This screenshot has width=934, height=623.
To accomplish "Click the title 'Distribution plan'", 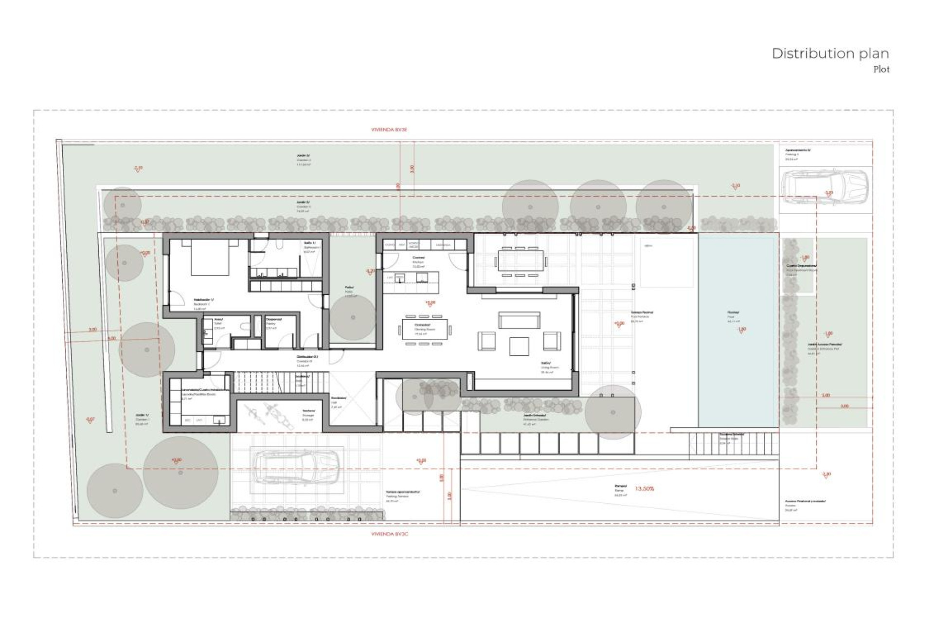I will point(830,54).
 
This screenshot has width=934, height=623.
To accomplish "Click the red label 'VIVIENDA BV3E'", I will point(389,130).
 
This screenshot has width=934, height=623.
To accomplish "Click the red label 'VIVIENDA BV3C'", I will point(389,534).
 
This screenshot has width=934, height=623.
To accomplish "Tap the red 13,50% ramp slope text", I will point(645,488).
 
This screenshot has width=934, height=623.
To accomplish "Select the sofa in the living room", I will point(519,320).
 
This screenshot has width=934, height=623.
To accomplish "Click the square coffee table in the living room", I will point(519,346).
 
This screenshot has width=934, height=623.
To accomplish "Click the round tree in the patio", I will point(353,317).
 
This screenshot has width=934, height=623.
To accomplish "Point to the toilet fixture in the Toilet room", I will point(246,327).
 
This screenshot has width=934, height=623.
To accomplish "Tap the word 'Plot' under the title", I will point(881,70).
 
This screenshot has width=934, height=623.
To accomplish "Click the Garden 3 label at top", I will point(304,158).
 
